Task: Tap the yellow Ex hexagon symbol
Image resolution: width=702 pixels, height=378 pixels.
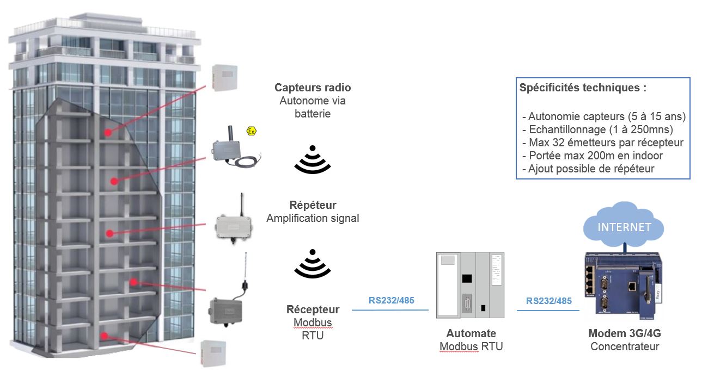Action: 251,131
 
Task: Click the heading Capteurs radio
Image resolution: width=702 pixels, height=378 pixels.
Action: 313,88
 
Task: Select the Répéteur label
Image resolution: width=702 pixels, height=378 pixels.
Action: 313,205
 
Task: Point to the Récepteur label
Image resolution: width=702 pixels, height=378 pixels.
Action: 313,309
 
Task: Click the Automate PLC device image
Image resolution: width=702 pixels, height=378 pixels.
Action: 470,285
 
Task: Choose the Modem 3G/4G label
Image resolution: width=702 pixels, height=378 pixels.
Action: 624,333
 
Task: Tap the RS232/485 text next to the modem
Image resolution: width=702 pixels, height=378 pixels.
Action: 549,301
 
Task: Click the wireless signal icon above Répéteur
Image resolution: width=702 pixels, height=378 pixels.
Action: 313,159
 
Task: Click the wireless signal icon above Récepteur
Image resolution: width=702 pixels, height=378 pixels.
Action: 313,263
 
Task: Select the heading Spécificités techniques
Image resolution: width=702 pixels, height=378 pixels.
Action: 583,88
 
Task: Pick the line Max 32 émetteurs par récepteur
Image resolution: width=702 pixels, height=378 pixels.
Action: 606,142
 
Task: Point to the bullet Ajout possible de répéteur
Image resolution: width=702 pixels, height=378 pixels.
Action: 591,169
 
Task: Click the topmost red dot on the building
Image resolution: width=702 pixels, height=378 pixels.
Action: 108,132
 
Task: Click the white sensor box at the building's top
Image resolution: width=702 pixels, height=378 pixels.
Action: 225,77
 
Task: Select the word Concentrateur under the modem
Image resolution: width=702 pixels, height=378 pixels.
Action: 624,346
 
